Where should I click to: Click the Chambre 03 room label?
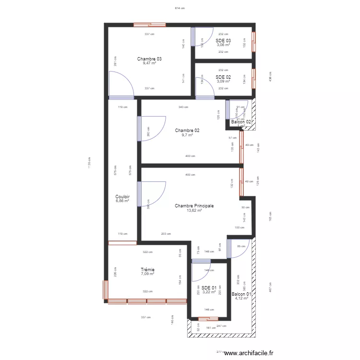coord(149,59)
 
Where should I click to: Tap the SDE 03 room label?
coord(223,41)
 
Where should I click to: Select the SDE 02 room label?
coord(223,77)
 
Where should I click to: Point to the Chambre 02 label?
coord(187,131)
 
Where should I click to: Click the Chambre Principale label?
coord(194,206)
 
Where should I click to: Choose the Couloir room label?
coord(122,197)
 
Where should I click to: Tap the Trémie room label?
coord(148,270)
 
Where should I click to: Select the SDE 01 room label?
coord(209,288)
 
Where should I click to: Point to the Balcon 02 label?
coord(241,122)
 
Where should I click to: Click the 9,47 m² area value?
coord(149,63)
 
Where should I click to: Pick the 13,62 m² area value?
coord(194,210)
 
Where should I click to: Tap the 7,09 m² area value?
coord(148,274)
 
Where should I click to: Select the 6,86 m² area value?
coord(122,201)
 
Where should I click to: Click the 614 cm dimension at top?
coord(180,8)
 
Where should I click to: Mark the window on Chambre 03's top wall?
coord(150,24)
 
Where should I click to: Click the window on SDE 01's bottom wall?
coord(209,318)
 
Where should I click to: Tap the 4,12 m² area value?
coord(241,299)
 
